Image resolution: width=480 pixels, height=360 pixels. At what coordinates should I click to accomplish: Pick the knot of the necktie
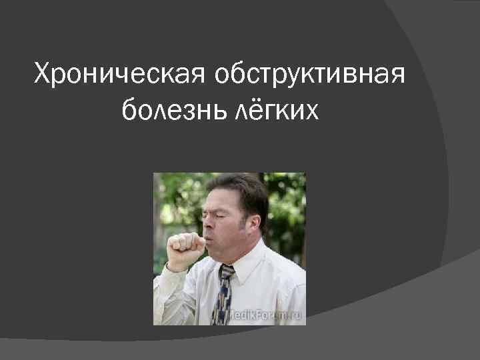pyautogui.click(x=226, y=271)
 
